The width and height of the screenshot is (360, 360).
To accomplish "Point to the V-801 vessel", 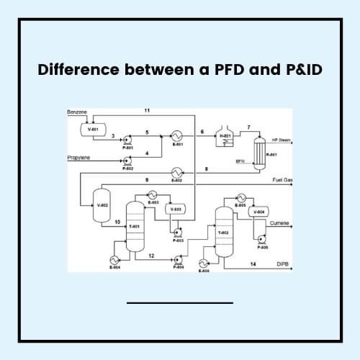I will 93,130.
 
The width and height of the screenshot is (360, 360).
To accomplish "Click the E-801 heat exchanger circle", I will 176,135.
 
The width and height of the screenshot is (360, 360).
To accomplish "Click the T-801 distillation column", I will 134,225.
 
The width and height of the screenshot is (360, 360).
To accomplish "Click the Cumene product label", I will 279,223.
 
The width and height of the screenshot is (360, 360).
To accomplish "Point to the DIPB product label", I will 282,265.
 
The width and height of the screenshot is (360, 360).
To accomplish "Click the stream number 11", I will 147,110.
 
